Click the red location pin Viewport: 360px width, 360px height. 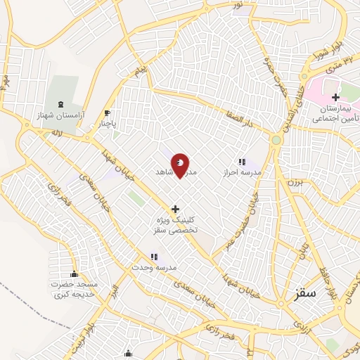(x=181, y=166)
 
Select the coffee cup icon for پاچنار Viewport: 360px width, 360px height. (x=108, y=112)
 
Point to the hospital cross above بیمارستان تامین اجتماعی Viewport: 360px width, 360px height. (x=335, y=97)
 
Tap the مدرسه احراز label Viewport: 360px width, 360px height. (x=242, y=172)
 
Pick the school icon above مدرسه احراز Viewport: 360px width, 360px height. (x=242, y=162)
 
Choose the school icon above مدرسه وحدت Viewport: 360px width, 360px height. (x=154, y=258)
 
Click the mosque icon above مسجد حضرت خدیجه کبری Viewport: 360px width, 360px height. (x=74, y=274)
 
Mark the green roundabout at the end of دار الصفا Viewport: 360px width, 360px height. (x=276, y=140)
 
